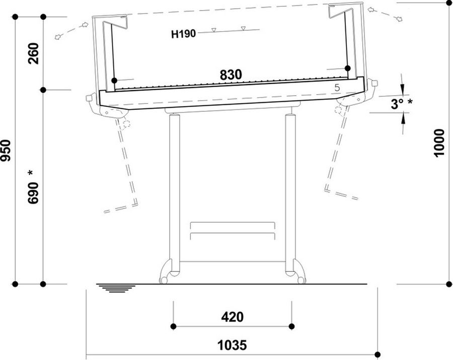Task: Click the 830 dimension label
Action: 231,75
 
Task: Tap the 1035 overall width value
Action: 232,345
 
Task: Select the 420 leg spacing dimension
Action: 232,317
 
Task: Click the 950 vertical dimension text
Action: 6,151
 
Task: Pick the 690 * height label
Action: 33,187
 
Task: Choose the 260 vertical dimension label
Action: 33,53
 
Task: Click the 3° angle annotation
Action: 402,104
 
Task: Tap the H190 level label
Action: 183,34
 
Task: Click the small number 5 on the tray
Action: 337,88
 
